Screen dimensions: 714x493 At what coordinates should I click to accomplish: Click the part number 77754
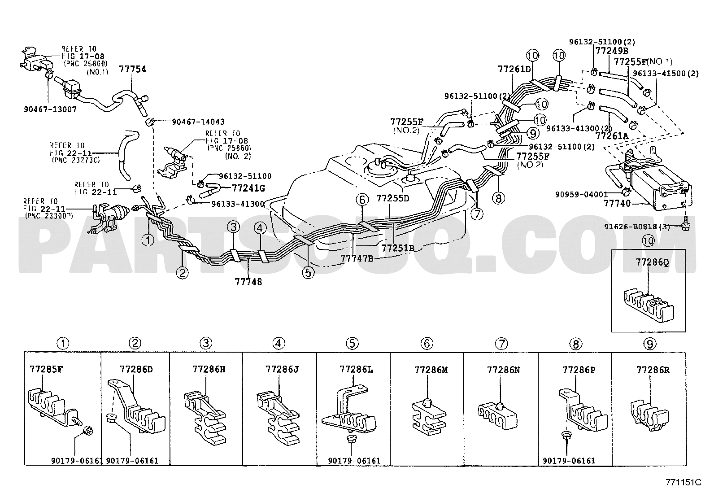[x=133, y=69]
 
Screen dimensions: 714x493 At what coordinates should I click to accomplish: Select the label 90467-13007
[x=50, y=109]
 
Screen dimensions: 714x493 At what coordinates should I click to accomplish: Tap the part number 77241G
[x=248, y=188]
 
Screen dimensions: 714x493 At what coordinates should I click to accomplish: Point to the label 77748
[x=248, y=282]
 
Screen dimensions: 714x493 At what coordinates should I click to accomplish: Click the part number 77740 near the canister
[x=617, y=203]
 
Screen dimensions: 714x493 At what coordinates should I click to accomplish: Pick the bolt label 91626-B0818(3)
[x=637, y=227]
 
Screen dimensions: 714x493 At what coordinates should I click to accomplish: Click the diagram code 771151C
[x=683, y=482]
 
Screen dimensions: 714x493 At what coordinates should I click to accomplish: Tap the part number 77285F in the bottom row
[x=46, y=369]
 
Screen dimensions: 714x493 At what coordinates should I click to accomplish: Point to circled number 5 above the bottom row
[x=352, y=344]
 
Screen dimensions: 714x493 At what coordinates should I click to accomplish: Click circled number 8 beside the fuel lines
[x=499, y=198]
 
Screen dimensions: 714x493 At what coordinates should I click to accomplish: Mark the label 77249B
[x=612, y=51]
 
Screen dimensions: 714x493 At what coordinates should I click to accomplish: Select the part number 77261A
[x=612, y=136]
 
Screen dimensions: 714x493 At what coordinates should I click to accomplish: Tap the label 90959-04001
[x=581, y=194]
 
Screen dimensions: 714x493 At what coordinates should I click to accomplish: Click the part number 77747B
[x=357, y=258]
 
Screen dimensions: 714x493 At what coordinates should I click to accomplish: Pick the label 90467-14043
[x=198, y=122]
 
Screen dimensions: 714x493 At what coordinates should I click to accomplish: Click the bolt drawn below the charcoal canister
[x=684, y=226]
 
